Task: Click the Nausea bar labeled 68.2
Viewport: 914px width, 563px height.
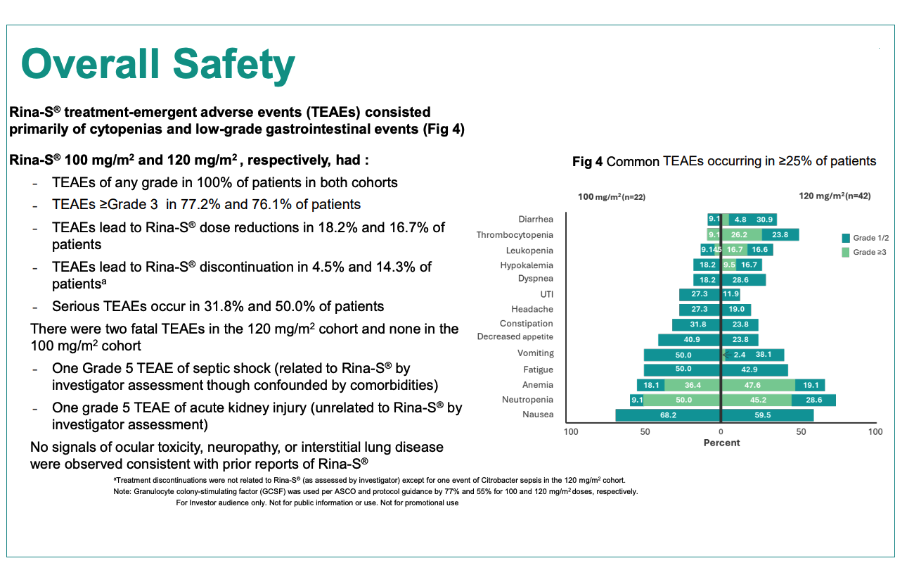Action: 668,415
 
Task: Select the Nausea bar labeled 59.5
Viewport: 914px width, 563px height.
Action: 768,415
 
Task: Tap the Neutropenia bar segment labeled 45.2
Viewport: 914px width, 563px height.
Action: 757,400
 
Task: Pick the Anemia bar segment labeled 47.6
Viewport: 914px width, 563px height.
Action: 759,385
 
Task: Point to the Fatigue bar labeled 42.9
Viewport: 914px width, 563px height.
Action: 755,370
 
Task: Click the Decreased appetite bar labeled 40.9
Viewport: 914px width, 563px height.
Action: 689,340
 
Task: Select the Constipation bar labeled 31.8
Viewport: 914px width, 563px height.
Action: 696,325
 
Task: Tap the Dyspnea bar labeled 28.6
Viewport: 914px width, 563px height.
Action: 744,280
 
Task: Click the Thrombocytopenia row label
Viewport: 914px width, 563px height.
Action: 515,235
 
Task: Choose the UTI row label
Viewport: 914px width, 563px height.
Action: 547,294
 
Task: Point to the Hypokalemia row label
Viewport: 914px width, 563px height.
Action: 527,265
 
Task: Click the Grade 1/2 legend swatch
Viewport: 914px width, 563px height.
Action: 846,238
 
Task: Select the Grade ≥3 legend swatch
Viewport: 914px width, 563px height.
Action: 846,253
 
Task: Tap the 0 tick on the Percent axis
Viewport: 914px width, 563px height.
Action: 721,432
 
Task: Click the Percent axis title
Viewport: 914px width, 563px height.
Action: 721,443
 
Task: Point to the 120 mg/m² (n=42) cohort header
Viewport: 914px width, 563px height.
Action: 835,196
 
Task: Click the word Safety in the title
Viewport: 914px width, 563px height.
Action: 234,65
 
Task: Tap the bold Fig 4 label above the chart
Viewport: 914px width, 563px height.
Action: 587,162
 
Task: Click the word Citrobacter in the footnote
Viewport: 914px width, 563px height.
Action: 499,481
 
